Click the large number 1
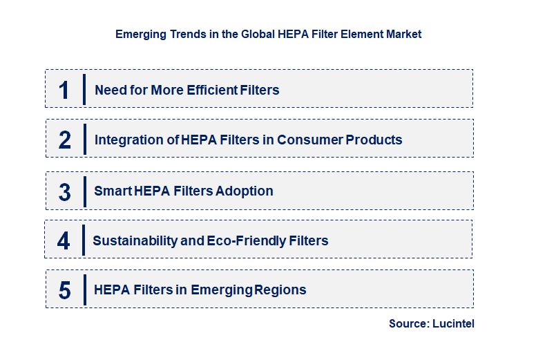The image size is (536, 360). pos(64,90)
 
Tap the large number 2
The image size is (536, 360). pos(64,140)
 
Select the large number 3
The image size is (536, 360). pos(64,191)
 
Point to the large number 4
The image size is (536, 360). pos(64,241)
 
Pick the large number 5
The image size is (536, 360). pos(64,290)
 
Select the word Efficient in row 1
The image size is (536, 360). pos(211,90)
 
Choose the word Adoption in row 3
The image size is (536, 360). pos(245,191)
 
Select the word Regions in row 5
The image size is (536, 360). pos(280,290)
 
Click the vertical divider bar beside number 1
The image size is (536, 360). pos(84,90)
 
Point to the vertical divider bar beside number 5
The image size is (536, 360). pos(84,290)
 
